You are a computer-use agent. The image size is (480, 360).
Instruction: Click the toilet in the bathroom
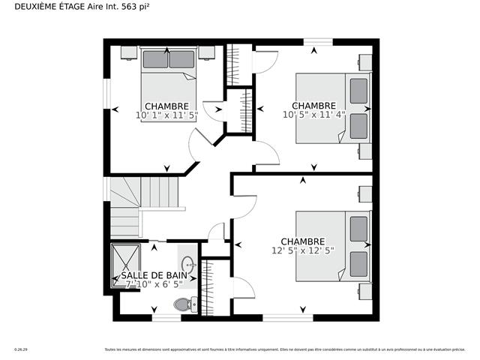(x=182, y=304)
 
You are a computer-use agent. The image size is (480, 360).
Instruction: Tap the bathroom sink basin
(x=189, y=263)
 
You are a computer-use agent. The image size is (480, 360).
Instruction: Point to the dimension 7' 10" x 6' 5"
(x=154, y=284)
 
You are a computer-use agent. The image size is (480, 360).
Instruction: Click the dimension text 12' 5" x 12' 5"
(x=302, y=250)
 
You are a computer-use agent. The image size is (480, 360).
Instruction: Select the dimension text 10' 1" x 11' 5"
(x=166, y=116)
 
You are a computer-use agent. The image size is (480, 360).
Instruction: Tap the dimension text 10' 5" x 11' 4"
(x=314, y=115)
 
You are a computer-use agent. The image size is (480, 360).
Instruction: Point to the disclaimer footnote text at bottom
(x=286, y=349)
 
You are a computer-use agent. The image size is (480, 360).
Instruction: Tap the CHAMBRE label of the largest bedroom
(x=303, y=241)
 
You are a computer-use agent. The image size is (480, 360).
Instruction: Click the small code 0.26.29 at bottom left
(x=21, y=349)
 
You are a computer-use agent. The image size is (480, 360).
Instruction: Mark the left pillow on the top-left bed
(x=154, y=59)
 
